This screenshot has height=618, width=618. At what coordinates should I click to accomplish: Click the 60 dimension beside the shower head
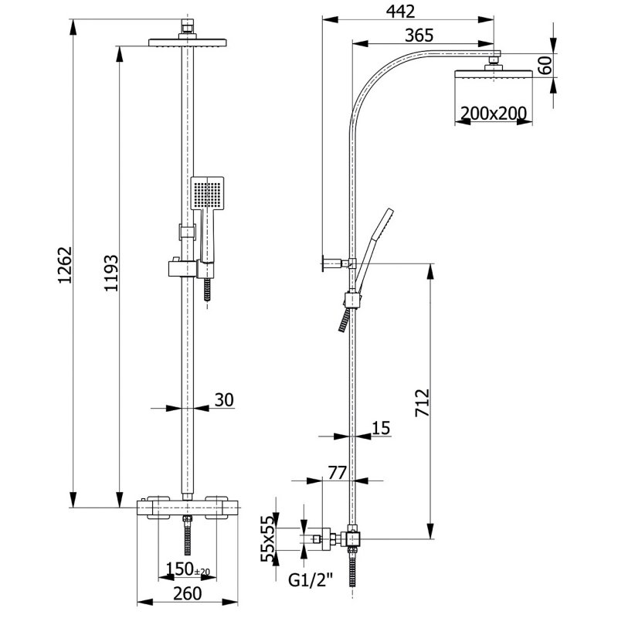[546, 65]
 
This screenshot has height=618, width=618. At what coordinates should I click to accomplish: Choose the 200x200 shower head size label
[493, 114]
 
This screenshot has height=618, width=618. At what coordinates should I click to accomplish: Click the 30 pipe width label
[222, 399]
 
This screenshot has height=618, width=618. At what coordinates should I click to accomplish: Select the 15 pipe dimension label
[380, 428]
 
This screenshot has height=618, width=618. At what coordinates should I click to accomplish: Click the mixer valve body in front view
[188, 508]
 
